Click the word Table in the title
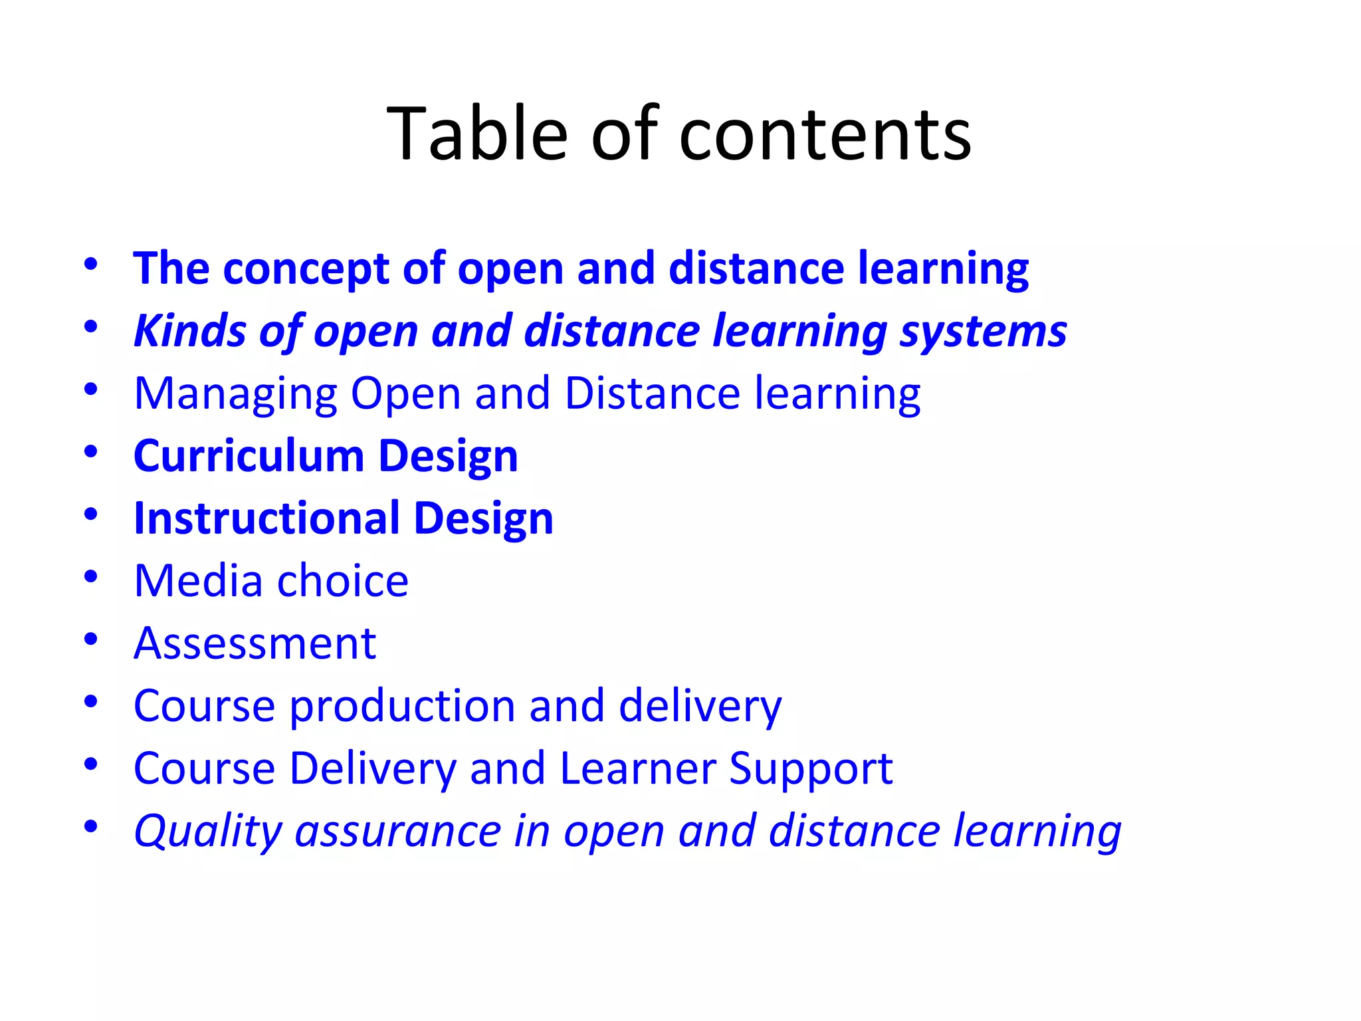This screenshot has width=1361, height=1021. coord(476,134)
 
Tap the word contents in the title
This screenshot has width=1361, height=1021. coord(825,136)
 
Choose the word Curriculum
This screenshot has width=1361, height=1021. coord(249,456)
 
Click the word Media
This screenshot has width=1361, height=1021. coord(198,581)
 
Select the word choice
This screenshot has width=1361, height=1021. coord(342,581)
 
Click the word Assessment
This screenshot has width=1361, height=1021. coord(255,643)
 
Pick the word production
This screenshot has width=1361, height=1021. coord(402,707)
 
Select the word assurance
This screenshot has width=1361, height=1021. coord(397,831)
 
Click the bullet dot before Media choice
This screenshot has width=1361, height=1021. coord(91,576)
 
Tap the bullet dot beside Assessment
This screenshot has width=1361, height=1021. coord(91,639)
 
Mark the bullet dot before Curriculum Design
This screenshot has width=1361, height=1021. coord(91,451)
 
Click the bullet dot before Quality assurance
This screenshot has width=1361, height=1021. coord(91,826)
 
